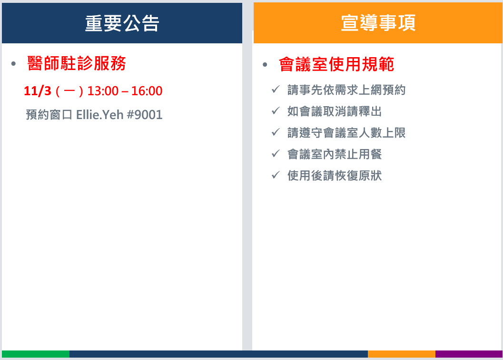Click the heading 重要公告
click(x=122, y=23)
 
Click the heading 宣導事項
click(x=378, y=23)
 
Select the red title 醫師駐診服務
click(x=77, y=63)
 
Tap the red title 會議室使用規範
click(x=336, y=64)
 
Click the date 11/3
click(x=38, y=91)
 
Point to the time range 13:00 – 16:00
click(x=125, y=91)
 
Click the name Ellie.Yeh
click(x=100, y=115)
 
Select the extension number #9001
click(x=145, y=115)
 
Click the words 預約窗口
click(x=49, y=115)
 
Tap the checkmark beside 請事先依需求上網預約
click(x=276, y=89)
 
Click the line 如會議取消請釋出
click(x=335, y=111)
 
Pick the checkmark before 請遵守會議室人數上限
click(x=276, y=132)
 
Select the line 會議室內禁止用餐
click(x=335, y=154)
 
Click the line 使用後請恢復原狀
click(x=335, y=176)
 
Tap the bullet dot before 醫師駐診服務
click(x=13, y=64)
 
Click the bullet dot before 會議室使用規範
click(x=265, y=65)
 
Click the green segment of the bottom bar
click(x=36, y=354)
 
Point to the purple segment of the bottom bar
click(x=469, y=354)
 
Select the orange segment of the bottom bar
click(x=402, y=354)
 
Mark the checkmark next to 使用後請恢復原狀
click(x=276, y=175)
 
